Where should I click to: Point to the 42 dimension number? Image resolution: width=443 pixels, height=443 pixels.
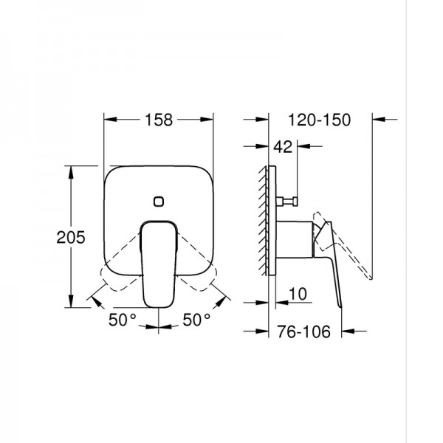tap(282, 147)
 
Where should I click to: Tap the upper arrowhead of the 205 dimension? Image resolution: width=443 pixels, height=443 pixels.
tap(71, 171)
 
